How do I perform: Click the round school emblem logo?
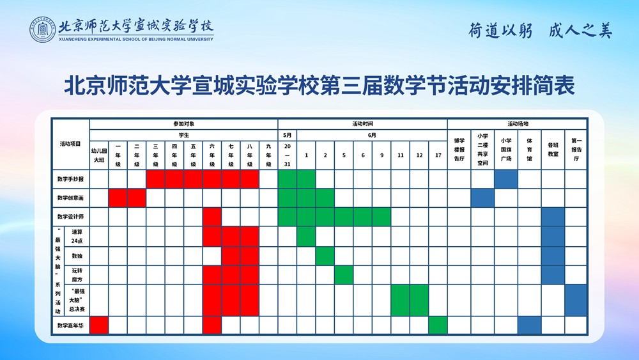[42, 30]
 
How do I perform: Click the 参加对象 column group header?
[184, 124]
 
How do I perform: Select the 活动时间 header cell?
[363, 124]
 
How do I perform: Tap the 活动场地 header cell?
[518, 124]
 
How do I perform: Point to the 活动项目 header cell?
[70, 144]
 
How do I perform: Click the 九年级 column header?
[268, 155]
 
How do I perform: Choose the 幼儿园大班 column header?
[99, 155]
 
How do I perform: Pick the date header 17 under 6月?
[438, 155]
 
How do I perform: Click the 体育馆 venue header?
[529, 150]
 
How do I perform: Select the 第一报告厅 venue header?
[576, 150]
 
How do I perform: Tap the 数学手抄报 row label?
[70, 179]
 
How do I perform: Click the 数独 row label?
[77, 256]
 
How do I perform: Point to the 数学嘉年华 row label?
[70, 325]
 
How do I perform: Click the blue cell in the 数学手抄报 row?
[506, 179]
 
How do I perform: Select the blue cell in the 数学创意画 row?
[483, 198]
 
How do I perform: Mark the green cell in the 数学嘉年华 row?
[438, 325]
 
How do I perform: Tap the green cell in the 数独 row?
[325, 256]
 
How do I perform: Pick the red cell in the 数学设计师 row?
[212, 217]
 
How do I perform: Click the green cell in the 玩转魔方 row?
[344, 275]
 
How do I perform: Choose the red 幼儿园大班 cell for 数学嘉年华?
[99, 325]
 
